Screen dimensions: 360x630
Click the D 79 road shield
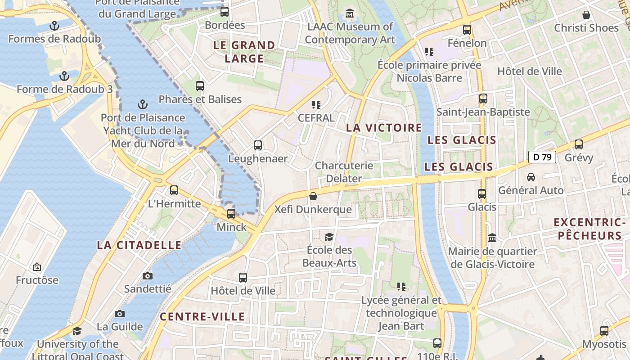point(542,157)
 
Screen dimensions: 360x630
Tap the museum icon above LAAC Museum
point(350,13)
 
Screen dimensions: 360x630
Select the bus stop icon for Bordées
point(224,12)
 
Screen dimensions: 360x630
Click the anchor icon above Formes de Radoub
point(54,25)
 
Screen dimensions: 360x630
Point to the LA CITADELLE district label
point(139,245)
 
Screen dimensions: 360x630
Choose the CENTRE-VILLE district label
point(202,316)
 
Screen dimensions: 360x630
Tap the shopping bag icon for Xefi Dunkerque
point(313,196)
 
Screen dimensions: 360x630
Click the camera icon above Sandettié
point(147,276)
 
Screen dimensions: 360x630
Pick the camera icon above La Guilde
point(120,314)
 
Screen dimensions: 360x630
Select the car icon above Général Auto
point(531,177)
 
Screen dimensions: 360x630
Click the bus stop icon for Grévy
point(579,144)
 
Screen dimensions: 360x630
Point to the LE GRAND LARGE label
point(244,52)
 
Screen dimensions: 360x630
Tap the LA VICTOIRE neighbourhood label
point(384,128)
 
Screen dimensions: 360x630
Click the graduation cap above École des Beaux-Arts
point(329,237)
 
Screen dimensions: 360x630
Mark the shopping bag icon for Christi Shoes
point(586,15)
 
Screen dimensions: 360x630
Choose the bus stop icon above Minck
point(231,214)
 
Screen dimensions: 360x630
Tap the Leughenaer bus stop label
point(258,158)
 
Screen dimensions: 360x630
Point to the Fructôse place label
point(37,280)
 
